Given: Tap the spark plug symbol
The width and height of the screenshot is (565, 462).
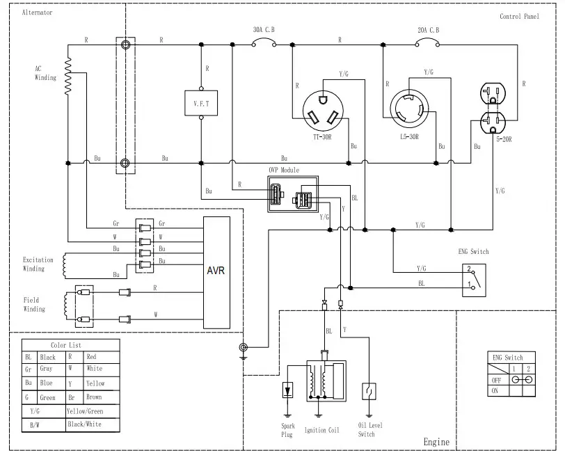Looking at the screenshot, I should pos(287,390).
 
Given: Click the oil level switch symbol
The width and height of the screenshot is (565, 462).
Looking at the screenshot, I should pos(367,391).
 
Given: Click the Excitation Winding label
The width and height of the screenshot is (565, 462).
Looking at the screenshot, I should pos(38,264).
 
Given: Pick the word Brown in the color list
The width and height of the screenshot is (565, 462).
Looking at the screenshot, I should pos(93,397).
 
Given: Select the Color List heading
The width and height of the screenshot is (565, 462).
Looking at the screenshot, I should pos(67,345).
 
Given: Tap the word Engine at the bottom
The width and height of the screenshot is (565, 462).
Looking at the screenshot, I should pos(436,442).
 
